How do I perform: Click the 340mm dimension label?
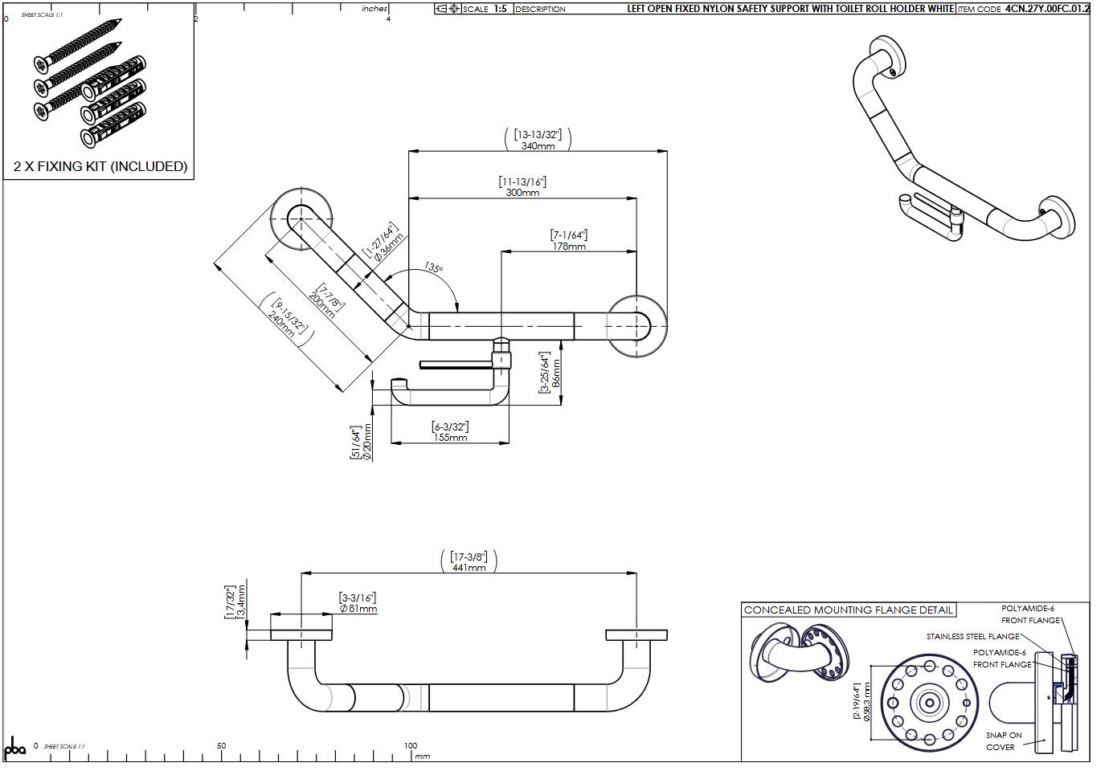[x=538, y=146]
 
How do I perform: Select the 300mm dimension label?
[x=522, y=193]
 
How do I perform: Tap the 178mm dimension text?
[x=569, y=247]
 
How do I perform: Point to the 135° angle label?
[x=434, y=268]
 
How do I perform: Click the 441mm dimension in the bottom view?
[x=469, y=568]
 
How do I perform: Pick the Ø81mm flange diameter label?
[x=358, y=609]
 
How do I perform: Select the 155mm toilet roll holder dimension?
[x=450, y=438]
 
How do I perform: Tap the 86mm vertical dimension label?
[x=557, y=373]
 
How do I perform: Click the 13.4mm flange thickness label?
[x=241, y=602]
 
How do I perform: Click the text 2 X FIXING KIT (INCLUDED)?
[x=100, y=166]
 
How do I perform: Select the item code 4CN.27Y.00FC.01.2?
[x=1048, y=9]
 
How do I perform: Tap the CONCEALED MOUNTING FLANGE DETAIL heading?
[x=849, y=610]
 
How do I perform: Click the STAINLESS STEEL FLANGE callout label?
[x=972, y=637]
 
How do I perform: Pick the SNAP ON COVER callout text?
[x=1003, y=741]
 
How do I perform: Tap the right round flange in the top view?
[x=636, y=325]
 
